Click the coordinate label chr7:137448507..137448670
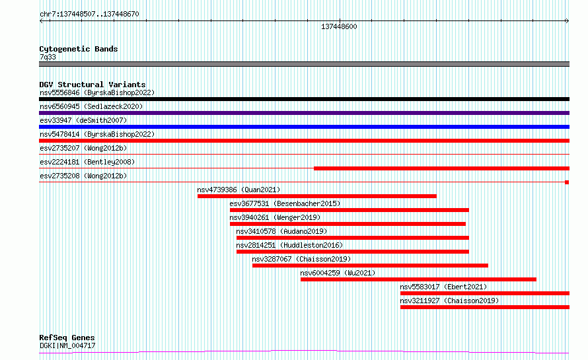pyautogui.click(x=89, y=15)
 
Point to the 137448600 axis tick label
pyautogui.click(x=339, y=26)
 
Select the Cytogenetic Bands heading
pyautogui.click(x=79, y=49)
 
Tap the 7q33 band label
pyautogui.click(x=48, y=57)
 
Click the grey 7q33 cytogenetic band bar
pyautogui.click(x=304, y=64)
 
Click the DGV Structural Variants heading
pyautogui.click(x=92, y=85)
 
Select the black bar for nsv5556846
pyautogui.click(x=304, y=99)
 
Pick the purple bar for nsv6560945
pyautogui.click(x=304, y=113)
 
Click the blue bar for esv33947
pyautogui.click(x=304, y=127)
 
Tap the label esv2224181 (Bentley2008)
pyautogui.click(x=87, y=162)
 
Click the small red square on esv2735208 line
pyautogui.click(x=567, y=182)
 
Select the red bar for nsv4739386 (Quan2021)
pyautogui.click(x=317, y=196)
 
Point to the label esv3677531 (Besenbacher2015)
pyautogui.click(x=285, y=203)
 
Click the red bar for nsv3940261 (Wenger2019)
pyautogui.click(x=348, y=224)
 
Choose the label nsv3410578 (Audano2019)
pyautogui.click(x=281, y=231)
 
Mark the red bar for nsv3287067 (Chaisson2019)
pyautogui.click(x=370, y=266)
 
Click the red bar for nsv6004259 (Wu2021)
pyautogui.click(x=418, y=279)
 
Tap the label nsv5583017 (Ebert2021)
pyautogui.click(x=443, y=287)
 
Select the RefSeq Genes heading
pyautogui.click(x=67, y=338)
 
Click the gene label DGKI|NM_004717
pyautogui.click(x=67, y=345)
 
